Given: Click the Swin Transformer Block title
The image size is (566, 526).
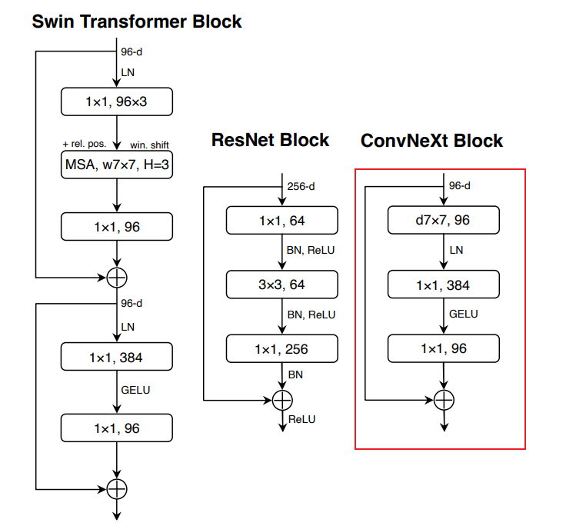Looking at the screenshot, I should click(137, 22).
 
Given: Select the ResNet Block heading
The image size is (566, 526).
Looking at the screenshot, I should click(270, 140).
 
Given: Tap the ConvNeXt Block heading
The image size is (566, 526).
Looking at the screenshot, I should click(431, 141).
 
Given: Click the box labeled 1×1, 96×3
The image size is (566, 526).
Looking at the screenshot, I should click(117, 101).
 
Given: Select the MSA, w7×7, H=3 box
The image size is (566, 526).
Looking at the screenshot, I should click(117, 164).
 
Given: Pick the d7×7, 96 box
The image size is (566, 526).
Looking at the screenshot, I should click(444, 221).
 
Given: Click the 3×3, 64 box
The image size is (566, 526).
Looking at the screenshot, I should click(281, 285).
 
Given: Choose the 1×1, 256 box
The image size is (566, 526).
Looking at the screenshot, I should click(281, 349).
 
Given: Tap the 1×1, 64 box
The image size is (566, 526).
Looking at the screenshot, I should click(281, 221).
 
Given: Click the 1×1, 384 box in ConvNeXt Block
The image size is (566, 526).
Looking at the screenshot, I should click(444, 285).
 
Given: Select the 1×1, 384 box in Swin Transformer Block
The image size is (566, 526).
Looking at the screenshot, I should click(117, 358).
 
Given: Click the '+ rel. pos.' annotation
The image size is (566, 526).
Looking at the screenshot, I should click(85, 144).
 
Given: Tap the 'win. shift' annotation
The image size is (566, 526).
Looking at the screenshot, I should click(149, 144).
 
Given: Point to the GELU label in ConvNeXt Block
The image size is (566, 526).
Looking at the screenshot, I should click(464, 314).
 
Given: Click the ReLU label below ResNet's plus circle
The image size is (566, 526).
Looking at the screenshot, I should click(301, 419).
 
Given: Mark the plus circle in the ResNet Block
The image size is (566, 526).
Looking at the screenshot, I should click(283, 400).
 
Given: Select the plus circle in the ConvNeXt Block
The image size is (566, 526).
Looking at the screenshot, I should click(444, 400).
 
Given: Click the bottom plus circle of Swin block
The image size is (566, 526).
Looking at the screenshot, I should click(117, 488).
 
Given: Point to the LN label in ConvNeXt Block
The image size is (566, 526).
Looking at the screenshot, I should click(456, 250).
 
